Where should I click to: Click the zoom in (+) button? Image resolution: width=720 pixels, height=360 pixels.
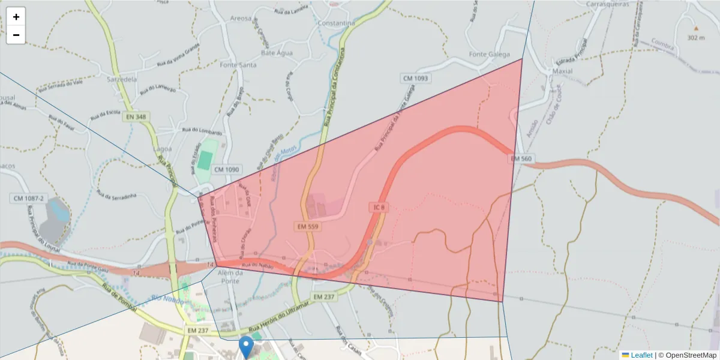pyautogui.click(x=16, y=17)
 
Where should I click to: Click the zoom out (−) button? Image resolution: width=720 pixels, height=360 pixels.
pyautogui.click(x=16, y=35)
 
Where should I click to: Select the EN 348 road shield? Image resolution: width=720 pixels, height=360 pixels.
pyautogui.click(x=137, y=117)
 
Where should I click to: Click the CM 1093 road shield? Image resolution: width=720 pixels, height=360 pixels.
pyautogui.click(x=416, y=79)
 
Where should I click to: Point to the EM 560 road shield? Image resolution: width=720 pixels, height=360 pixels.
pyautogui.click(x=521, y=159)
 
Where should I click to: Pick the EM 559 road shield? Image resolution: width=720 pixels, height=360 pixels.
pyautogui.click(x=307, y=227)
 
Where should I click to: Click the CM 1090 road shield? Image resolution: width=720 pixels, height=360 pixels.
pyautogui.click(x=226, y=170)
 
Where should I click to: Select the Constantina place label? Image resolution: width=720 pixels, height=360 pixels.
pyautogui.click(x=337, y=23)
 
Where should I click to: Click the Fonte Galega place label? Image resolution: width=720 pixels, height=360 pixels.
pyautogui.click(x=489, y=55)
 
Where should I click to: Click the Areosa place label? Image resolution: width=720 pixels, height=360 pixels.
pyautogui.click(x=240, y=19)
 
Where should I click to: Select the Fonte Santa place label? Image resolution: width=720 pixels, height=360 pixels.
pyautogui.click(x=238, y=65)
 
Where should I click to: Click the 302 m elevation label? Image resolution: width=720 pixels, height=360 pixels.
pyautogui.click(x=696, y=38)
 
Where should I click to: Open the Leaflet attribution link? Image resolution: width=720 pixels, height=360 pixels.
pyautogui.click(x=641, y=355)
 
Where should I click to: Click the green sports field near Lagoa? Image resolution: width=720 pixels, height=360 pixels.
pyautogui.click(x=205, y=160)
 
